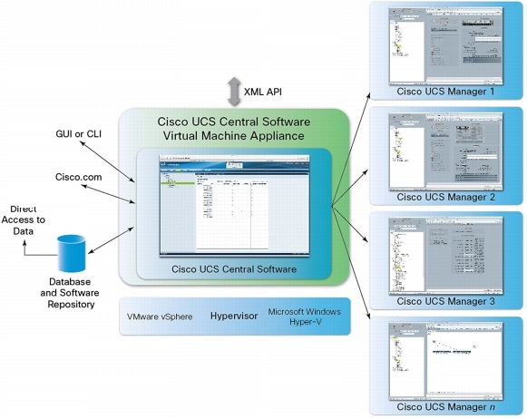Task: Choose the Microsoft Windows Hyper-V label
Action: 304,317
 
